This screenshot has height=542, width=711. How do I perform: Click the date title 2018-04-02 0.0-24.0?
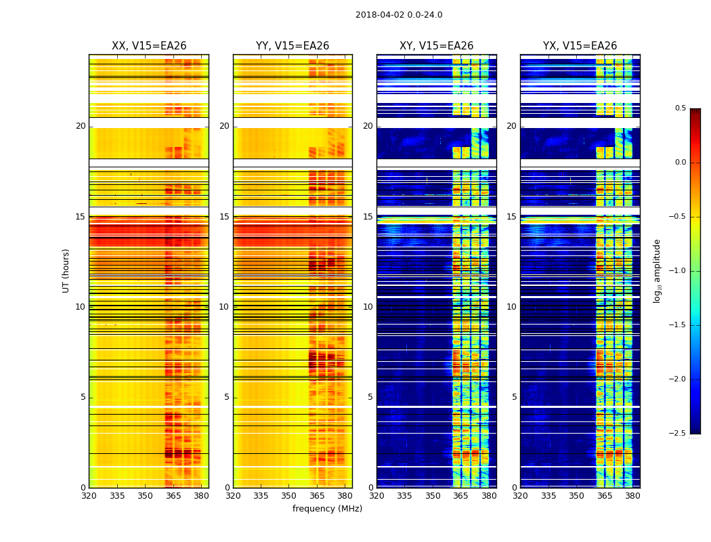pyautogui.click(x=399, y=15)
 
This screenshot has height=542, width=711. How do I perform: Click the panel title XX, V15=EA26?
pyautogui.click(x=149, y=46)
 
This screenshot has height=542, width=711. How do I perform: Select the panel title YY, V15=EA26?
pyautogui.click(x=293, y=46)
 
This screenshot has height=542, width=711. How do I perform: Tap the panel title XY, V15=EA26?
pyautogui.click(x=436, y=46)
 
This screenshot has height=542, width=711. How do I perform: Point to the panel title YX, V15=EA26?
pyautogui.click(x=580, y=46)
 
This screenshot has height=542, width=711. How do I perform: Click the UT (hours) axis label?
pyautogui.click(x=66, y=270)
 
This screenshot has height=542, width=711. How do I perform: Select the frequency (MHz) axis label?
pyautogui.click(x=327, y=509)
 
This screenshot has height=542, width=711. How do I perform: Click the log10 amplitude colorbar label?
pyautogui.click(x=657, y=270)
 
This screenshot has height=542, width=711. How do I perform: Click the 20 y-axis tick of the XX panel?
pyautogui.click(x=81, y=126)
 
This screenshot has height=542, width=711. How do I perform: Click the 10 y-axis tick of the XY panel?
pyautogui.click(x=368, y=307)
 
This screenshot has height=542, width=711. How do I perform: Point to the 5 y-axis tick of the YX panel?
pyautogui.click(x=514, y=397)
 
